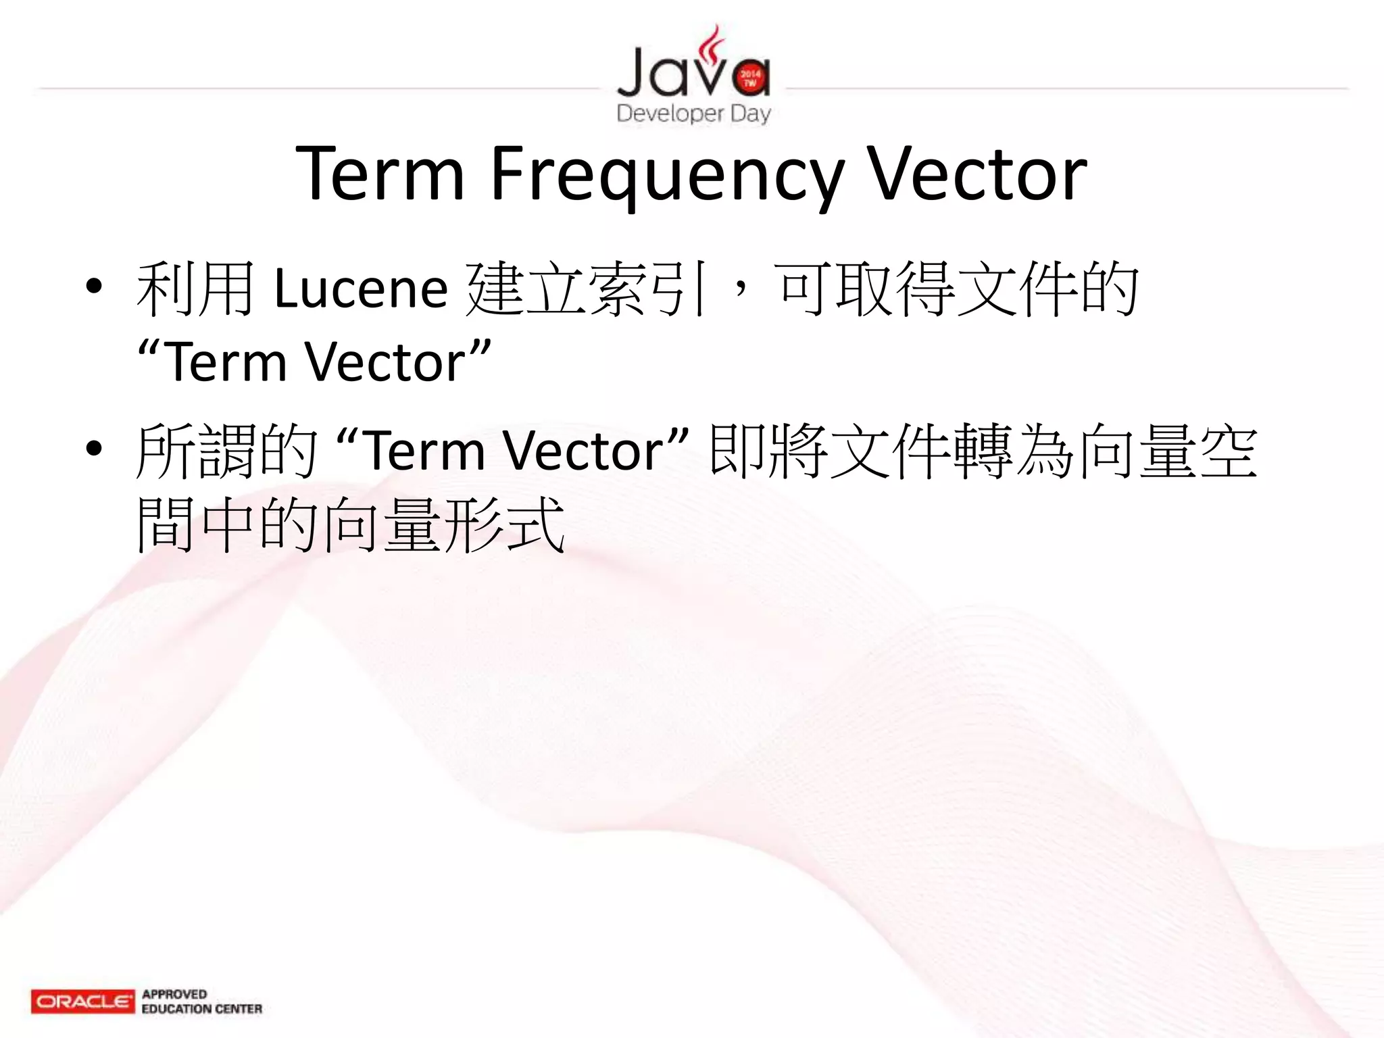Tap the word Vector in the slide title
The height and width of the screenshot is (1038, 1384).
(977, 174)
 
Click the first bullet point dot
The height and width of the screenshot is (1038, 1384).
(94, 287)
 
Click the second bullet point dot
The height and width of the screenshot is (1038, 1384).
(94, 448)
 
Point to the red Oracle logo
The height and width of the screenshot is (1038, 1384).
(82, 1001)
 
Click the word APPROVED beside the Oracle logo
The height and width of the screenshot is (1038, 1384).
(174, 994)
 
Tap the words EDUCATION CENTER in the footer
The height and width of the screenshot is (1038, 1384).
(201, 1009)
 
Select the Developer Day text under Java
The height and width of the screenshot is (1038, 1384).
(693, 113)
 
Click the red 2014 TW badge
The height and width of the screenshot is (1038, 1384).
(750, 78)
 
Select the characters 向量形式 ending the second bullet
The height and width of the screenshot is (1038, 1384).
(443, 525)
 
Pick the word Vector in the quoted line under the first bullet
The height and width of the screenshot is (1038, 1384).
(385, 363)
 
